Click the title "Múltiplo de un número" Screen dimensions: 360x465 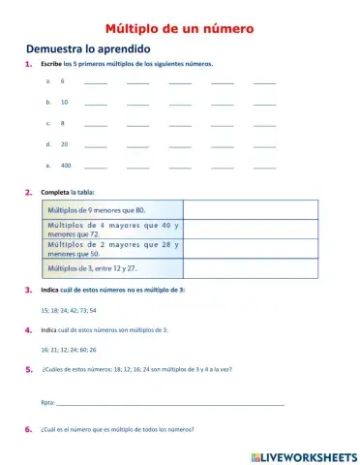click(x=179, y=29)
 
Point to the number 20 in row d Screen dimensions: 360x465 click(x=64, y=143)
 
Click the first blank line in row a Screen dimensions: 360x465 click(x=96, y=81)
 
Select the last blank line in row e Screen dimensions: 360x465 click(x=264, y=166)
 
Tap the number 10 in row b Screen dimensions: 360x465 click(x=64, y=102)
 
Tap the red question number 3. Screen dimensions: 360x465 click(x=29, y=291)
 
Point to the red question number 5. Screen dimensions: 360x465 click(x=29, y=369)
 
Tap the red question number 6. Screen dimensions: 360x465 click(x=29, y=429)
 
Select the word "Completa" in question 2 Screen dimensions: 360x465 click(x=53, y=192)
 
